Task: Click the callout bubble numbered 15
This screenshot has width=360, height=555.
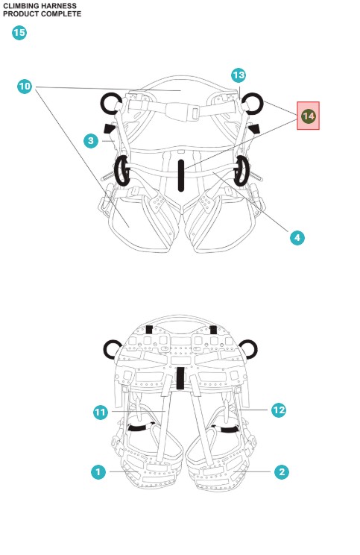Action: tap(19, 33)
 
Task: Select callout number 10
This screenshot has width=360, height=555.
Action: tap(25, 87)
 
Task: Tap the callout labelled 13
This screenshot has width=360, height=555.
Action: tap(239, 75)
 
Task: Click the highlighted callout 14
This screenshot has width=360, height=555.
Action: tap(308, 116)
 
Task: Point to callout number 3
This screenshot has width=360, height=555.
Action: tap(91, 141)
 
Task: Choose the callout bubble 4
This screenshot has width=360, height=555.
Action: tap(297, 238)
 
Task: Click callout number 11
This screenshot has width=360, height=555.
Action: tap(101, 413)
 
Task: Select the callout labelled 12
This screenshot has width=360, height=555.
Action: tap(279, 410)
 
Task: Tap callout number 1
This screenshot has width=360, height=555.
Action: tap(98, 471)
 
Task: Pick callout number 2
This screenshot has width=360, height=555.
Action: tap(282, 471)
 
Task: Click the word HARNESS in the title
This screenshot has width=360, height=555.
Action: tap(59, 6)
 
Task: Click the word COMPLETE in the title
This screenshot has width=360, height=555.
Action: tap(62, 14)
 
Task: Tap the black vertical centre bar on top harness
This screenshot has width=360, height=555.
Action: tap(181, 175)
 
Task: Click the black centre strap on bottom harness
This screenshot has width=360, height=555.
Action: tap(180, 378)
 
